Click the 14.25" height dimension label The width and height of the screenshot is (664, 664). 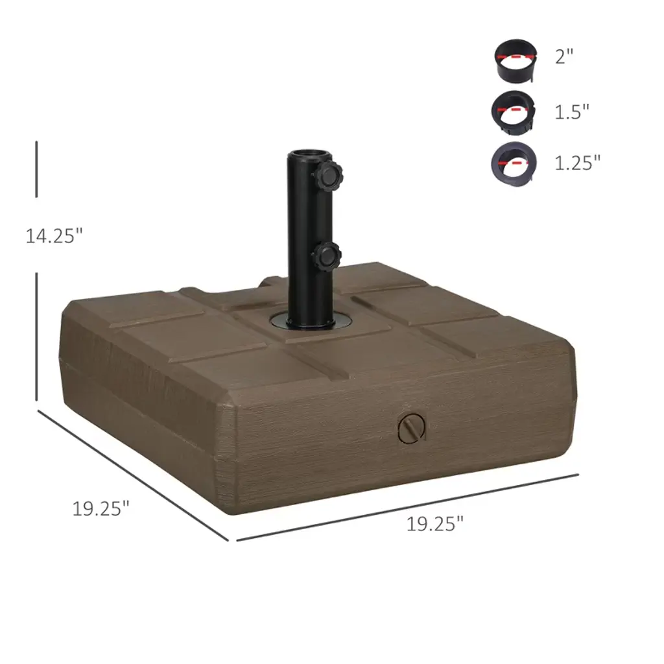[x=54, y=235]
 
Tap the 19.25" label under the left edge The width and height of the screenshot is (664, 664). [x=101, y=508]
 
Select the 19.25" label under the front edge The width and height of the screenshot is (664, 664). [x=435, y=524]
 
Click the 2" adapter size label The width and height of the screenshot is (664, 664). [x=564, y=56]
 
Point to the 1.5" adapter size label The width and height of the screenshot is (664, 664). [x=572, y=112]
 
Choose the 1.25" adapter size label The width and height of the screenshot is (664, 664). [x=578, y=163]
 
